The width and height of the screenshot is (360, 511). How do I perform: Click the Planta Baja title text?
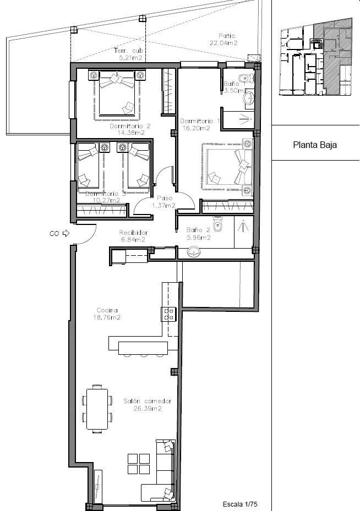coord(314,145)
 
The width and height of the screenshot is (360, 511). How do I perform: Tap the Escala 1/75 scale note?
coord(240,504)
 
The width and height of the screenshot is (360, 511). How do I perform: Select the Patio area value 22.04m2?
coord(223,43)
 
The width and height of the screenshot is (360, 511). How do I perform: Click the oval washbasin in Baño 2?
coord(194,252)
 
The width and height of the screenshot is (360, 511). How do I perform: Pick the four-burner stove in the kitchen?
coord(168,314)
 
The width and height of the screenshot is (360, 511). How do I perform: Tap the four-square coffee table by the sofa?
coord(139,463)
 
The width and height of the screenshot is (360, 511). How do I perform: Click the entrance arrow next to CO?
coord(66,233)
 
